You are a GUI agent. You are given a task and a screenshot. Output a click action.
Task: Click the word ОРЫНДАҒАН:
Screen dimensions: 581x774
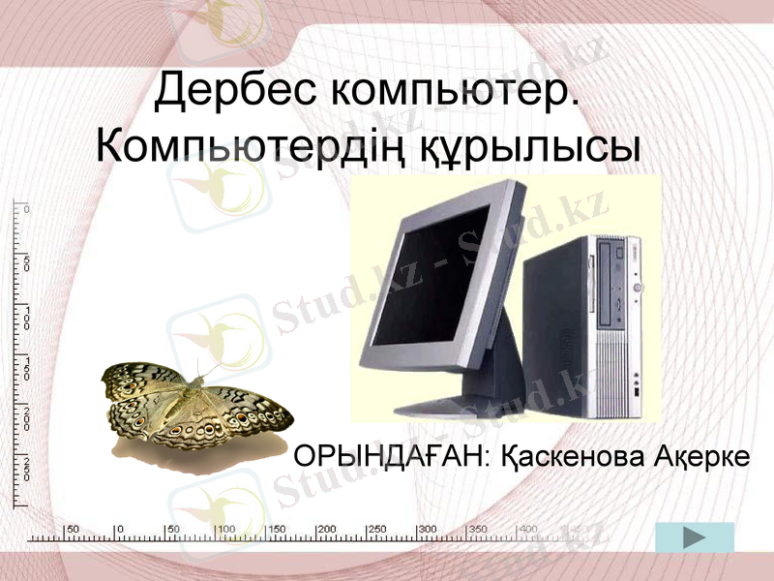click(396, 455)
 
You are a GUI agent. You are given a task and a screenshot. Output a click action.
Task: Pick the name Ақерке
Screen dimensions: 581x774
click(702, 455)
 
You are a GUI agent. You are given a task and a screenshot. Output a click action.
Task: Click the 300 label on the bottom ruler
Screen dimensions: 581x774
click(428, 529)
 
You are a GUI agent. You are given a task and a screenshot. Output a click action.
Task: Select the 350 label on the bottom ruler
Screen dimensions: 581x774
click(478, 529)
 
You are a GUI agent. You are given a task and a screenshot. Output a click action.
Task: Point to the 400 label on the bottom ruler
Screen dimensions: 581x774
click(528, 529)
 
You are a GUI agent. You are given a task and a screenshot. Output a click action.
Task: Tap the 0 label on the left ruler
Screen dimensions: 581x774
click(27, 209)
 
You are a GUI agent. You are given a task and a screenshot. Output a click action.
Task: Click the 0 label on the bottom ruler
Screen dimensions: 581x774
click(120, 529)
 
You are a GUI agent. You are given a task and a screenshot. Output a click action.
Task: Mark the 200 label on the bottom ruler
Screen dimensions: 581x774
click(326, 529)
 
